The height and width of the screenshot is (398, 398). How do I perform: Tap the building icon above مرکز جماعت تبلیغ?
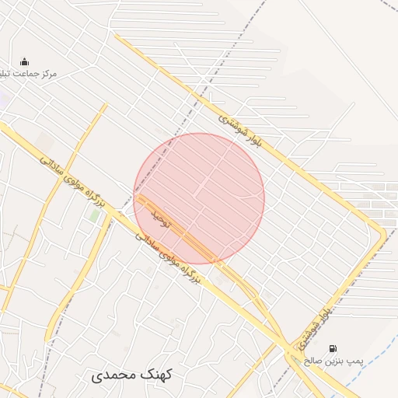[24, 61]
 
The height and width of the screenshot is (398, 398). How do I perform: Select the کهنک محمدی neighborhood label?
[132, 375]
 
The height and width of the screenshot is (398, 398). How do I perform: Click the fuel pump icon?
[333, 348]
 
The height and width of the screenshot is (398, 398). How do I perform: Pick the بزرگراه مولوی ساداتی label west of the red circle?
[69, 184]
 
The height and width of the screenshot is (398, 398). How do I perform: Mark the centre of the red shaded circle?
[199, 198]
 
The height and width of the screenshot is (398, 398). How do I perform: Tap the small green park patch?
[94, 215]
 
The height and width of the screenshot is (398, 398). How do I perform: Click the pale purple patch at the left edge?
[3, 99]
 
